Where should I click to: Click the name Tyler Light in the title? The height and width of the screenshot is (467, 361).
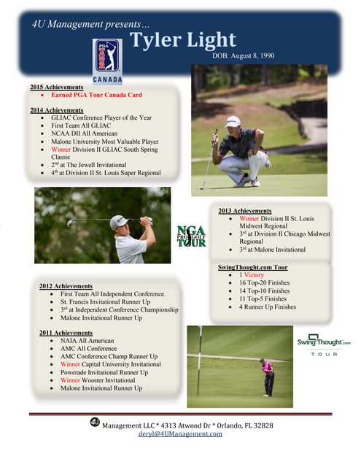[183, 39]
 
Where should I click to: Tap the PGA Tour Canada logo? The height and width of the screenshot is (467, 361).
[106, 61]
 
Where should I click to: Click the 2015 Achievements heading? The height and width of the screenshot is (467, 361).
[57, 87]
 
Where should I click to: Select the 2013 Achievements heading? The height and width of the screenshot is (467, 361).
[245, 211]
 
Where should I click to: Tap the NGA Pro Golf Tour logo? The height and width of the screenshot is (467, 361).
[191, 235]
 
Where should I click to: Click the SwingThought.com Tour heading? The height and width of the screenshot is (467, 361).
[252, 267]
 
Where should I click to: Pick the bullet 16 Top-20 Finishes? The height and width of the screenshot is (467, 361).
[264, 282]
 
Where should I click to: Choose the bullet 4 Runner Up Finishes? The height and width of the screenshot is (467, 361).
[267, 307]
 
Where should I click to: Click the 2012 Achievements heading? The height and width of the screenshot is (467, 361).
[66, 285]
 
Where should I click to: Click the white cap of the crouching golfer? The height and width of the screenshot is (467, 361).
[233, 121]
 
